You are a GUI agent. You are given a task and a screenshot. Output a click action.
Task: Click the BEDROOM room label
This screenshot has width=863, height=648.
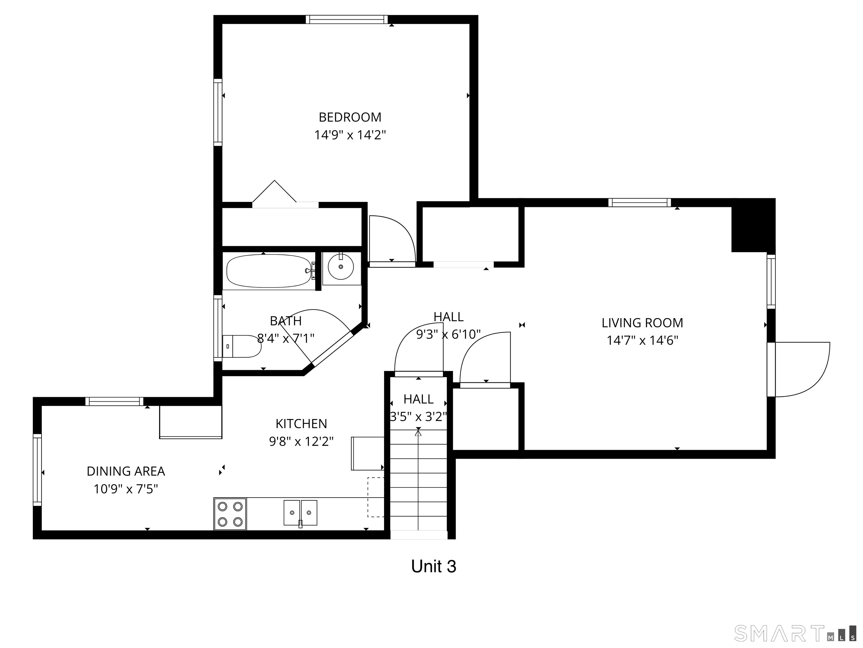point(350,117)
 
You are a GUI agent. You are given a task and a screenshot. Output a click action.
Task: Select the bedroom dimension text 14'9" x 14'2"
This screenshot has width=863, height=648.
point(350,135)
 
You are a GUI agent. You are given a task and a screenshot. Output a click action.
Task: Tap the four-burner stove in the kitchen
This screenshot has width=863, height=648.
point(230,514)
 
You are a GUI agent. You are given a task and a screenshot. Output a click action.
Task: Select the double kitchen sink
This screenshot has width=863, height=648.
point(300,513)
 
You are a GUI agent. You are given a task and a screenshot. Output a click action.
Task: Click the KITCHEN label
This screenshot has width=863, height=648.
point(301,424)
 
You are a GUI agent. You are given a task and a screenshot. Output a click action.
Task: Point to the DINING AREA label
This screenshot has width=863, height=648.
point(126,471)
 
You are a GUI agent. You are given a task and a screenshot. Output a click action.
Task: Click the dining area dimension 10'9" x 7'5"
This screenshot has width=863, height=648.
point(126,489)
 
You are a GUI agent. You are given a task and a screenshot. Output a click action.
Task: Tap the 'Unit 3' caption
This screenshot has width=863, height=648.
point(433,566)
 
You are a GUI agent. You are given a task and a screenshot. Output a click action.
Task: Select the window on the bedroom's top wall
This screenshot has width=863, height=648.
point(346,19)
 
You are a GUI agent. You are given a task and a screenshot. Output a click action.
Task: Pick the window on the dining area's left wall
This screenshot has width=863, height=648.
point(37,470)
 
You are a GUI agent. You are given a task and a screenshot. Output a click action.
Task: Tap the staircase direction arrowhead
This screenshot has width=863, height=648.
point(418,432)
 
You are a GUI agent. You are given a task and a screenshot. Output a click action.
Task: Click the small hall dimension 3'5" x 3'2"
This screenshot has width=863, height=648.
point(418,417)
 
